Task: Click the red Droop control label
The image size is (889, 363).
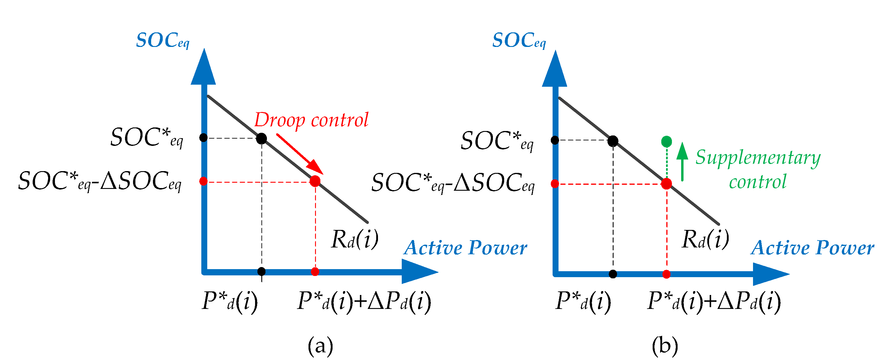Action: pos(311,120)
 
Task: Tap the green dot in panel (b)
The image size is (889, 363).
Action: pos(666,141)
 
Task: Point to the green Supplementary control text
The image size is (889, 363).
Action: pos(758,169)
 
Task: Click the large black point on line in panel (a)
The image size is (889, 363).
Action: pos(262,138)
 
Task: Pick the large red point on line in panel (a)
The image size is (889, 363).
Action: pos(315,181)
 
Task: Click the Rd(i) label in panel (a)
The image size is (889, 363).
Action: pos(355,239)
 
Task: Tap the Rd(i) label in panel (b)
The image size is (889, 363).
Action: pos(705,239)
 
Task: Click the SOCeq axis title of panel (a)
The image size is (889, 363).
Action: pos(162,40)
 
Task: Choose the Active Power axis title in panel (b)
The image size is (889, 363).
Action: pos(812,248)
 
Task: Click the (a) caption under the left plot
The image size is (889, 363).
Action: pos(320,345)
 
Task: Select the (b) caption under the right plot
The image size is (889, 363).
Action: pos(665,345)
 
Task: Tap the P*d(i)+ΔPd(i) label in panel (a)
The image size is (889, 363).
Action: pos(364,301)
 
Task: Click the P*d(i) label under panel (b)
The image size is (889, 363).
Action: pos(583,301)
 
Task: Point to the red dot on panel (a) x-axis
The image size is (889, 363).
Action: pos(315,272)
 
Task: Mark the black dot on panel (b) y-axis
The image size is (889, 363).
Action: pos(555,140)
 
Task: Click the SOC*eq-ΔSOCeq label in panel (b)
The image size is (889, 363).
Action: pos(453,183)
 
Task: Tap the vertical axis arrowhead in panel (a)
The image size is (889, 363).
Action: pos(204,67)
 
